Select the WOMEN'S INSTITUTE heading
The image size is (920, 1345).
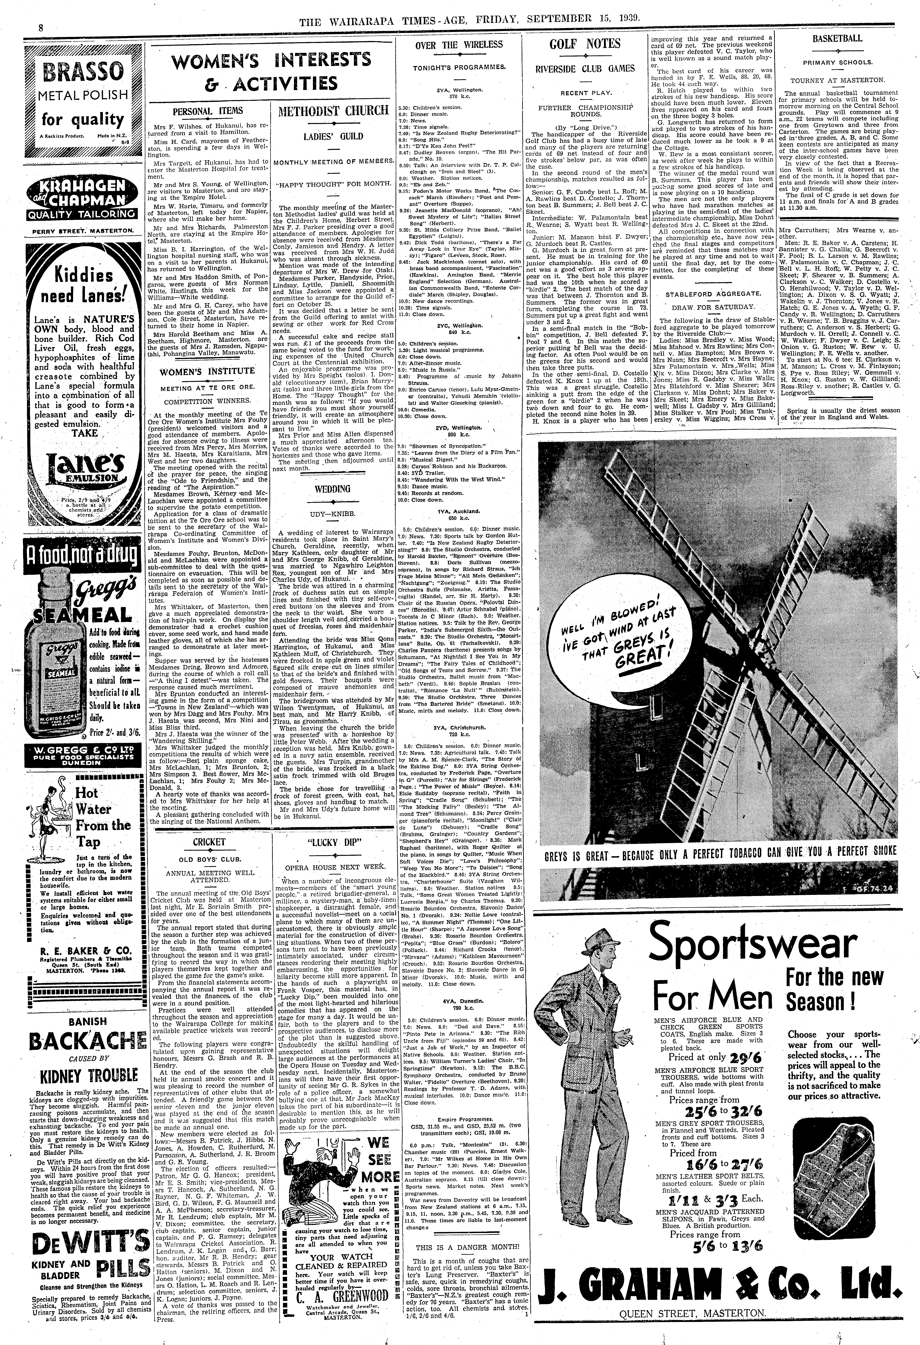tap(207, 371)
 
